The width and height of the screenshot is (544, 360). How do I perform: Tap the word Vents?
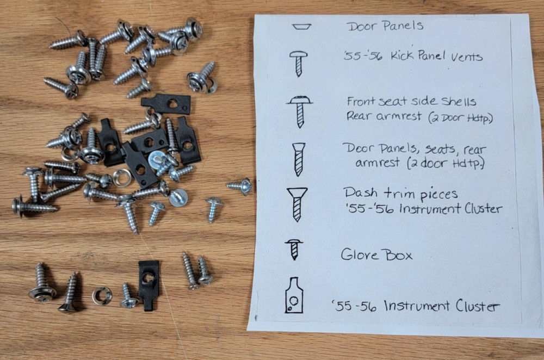click(x=465, y=57)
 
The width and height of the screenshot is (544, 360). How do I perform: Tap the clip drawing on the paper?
click(x=294, y=296)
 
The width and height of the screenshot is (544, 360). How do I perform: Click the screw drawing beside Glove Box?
click(x=294, y=250)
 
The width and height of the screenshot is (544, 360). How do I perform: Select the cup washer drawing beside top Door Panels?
click(x=300, y=26)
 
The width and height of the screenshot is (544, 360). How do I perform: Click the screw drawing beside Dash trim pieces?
click(x=297, y=203)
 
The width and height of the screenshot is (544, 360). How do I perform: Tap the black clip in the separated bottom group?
click(x=148, y=282)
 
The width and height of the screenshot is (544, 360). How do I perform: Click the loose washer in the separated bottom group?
click(x=102, y=295)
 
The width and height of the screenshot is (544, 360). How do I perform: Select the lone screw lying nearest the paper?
click(x=239, y=187)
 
